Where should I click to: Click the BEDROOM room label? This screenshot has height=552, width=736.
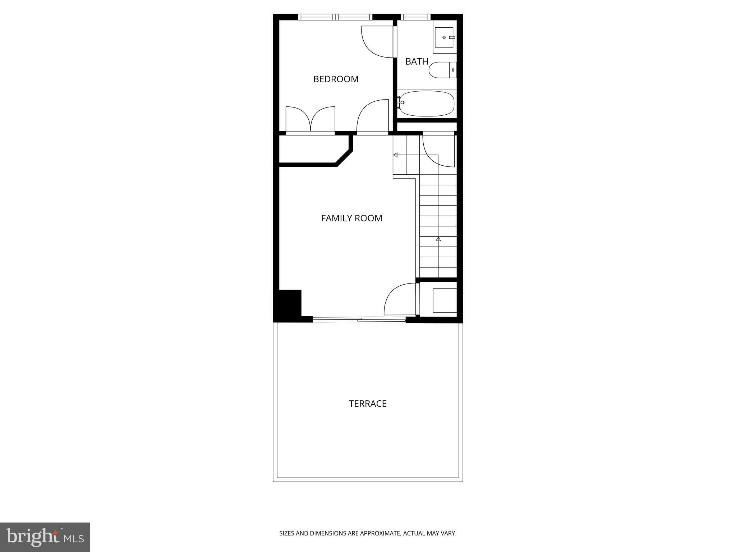click(336, 79)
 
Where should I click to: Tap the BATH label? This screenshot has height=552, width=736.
click(417, 61)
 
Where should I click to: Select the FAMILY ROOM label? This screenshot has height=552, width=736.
click(351, 218)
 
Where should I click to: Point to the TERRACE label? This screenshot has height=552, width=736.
click(368, 404)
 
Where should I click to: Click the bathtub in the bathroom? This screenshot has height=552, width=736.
click(427, 103)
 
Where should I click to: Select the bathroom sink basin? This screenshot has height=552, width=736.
click(444, 37)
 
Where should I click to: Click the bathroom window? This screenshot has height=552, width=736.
click(415, 17)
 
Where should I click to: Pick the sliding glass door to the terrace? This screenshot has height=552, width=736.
click(359, 319)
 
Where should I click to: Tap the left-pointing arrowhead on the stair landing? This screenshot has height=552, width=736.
click(395, 155)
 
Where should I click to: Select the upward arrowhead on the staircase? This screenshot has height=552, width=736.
click(438, 239)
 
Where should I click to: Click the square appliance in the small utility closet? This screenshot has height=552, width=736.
click(445, 300)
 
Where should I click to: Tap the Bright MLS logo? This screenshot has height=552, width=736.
click(45, 537)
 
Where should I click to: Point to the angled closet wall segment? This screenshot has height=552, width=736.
click(343, 158)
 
